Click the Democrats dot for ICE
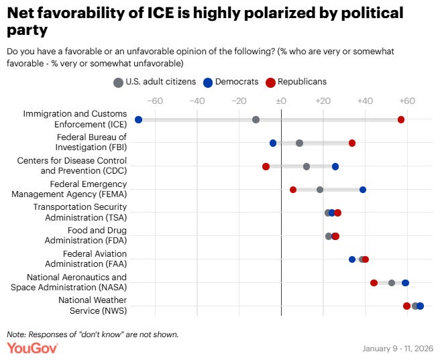point(138,119)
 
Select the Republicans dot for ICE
point(401,119)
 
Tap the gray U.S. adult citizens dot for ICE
point(256,119)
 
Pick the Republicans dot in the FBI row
point(352,143)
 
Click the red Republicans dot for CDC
point(266,166)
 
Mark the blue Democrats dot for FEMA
point(363,190)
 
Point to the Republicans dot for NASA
point(374,283)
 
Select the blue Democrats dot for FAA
point(352,259)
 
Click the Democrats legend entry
point(231,82)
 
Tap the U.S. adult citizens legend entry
point(154,82)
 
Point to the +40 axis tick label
point(364,101)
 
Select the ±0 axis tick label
point(281,101)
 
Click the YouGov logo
point(32,348)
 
